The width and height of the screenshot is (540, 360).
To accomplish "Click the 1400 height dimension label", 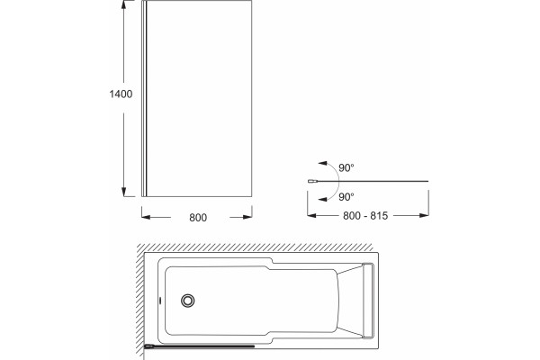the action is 121,94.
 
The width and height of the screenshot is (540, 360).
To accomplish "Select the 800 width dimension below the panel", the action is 198,218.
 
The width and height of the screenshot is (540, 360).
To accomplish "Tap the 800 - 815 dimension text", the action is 365,216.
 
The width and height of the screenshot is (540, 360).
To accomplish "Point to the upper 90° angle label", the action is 346,167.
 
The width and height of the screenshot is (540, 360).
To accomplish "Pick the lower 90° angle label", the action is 346,197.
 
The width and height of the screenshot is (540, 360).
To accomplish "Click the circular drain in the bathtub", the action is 188,301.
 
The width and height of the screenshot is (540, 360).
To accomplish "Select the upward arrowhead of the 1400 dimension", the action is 124,4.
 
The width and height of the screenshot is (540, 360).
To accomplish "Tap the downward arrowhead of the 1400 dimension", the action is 124,193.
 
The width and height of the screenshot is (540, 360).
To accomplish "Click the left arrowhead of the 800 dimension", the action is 146,217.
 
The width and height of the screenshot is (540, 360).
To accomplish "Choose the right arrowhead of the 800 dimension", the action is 247,217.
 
